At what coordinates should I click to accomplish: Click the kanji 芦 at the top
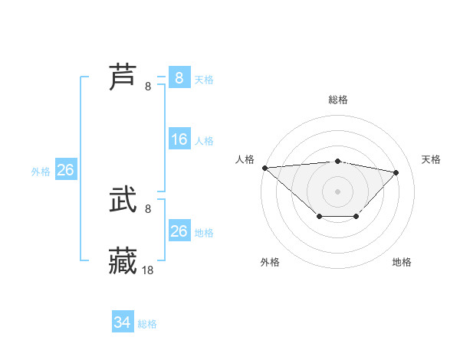[123, 77]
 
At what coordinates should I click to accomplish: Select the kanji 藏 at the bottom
[123, 261]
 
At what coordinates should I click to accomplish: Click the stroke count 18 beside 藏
[148, 270]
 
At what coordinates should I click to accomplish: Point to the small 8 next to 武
[148, 208]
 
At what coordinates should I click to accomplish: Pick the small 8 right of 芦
[148, 86]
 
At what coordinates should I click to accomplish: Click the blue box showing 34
[123, 322]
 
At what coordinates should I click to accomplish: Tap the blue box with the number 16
[179, 139]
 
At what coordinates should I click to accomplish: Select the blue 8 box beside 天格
[179, 77]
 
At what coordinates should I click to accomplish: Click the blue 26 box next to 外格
[65, 170]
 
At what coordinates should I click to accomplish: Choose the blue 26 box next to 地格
[179, 231]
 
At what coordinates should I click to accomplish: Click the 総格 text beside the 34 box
[147, 324]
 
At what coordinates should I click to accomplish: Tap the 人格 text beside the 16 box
[204, 141]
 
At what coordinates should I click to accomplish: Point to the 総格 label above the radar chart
[338, 100]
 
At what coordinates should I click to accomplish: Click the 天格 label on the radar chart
[432, 159]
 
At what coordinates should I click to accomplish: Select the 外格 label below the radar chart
[270, 262]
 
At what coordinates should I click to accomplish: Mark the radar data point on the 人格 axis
[264, 168]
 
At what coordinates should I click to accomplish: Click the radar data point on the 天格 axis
[396, 172]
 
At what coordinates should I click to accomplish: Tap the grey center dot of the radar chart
[338, 191]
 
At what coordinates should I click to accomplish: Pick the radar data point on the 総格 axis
[338, 162]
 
